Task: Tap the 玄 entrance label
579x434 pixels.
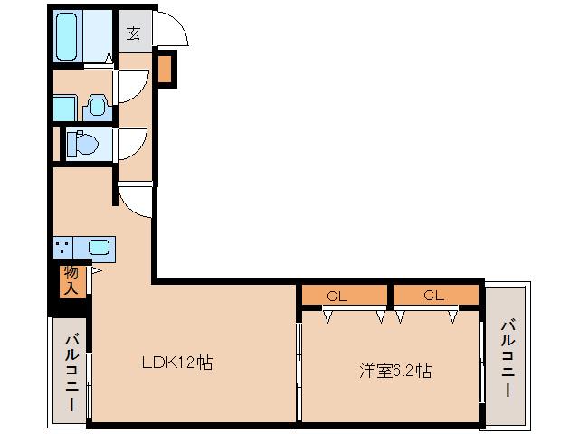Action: pyautogui.click(x=133, y=34)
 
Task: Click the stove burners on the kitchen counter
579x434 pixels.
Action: pyautogui.click(x=63, y=247)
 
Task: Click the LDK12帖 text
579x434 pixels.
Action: pyautogui.click(x=177, y=363)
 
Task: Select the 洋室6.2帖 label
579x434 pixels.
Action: pyautogui.click(x=394, y=370)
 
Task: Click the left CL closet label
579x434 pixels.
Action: pyautogui.click(x=337, y=295)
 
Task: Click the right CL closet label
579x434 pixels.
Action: pyautogui.click(x=433, y=295)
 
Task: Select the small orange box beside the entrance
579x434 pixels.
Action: pyautogui.click(x=166, y=70)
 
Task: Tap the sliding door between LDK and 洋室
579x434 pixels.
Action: pyautogui.click(x=299, y=362)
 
